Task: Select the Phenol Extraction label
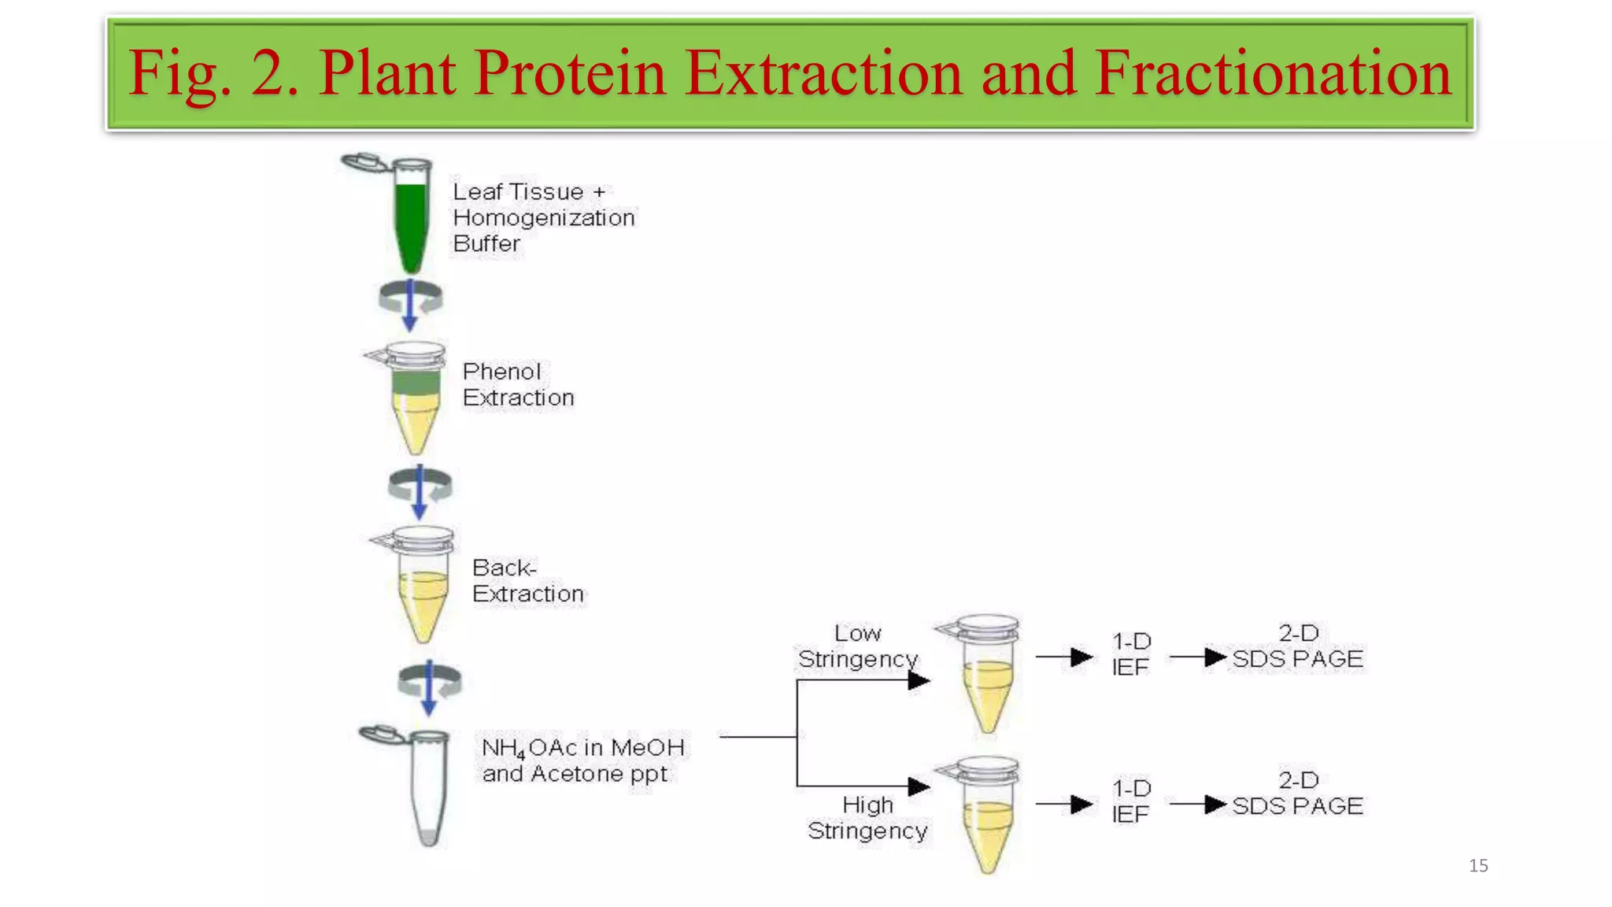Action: pyautogui.click(x=518, y=384)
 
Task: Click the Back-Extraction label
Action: pyautogui.click(x=527, y=580)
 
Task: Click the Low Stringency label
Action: pyautogui.click(x=858, y=646)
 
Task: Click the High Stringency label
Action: pyautogui.click(x=867, y=817)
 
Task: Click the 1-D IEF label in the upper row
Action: pyautogui.click(x=1131, y=653)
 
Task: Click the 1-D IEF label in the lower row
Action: pyautogui.click(x=1131, y=801)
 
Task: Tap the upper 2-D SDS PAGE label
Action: pyautogui.click(x=1297, y=646)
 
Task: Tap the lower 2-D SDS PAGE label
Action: pyautogui.click(x=1297, y=793)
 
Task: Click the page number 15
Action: pyautogui.click(x=1477, y=865)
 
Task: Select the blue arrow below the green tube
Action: pyautogui.click(x=410, y=305)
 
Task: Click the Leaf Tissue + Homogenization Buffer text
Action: pyautogui.click(x=543, y=217)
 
